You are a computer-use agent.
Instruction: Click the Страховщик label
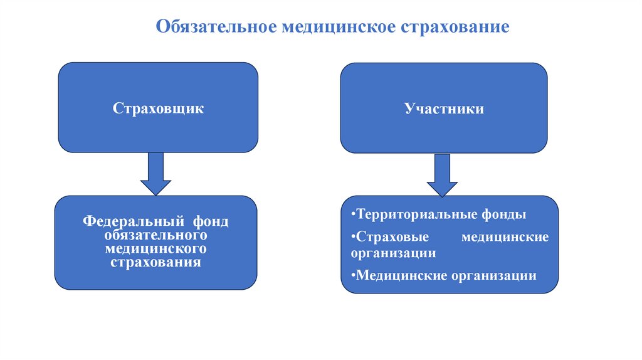(158, 109)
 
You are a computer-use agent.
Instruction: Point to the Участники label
(443, 109)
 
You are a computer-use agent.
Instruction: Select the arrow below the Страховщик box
(155, 174)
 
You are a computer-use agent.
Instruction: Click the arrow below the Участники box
(443, 176)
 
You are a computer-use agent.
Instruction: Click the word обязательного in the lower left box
(156, 235)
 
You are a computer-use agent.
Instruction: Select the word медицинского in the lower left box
(156, 249)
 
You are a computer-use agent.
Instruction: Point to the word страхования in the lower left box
(156, 263)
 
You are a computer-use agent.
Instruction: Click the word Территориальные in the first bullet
(407, 214)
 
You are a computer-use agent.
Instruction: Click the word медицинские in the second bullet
(505, 238)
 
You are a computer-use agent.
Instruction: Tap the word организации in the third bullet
(494, 275)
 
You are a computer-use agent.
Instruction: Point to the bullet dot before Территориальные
(353, 214)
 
